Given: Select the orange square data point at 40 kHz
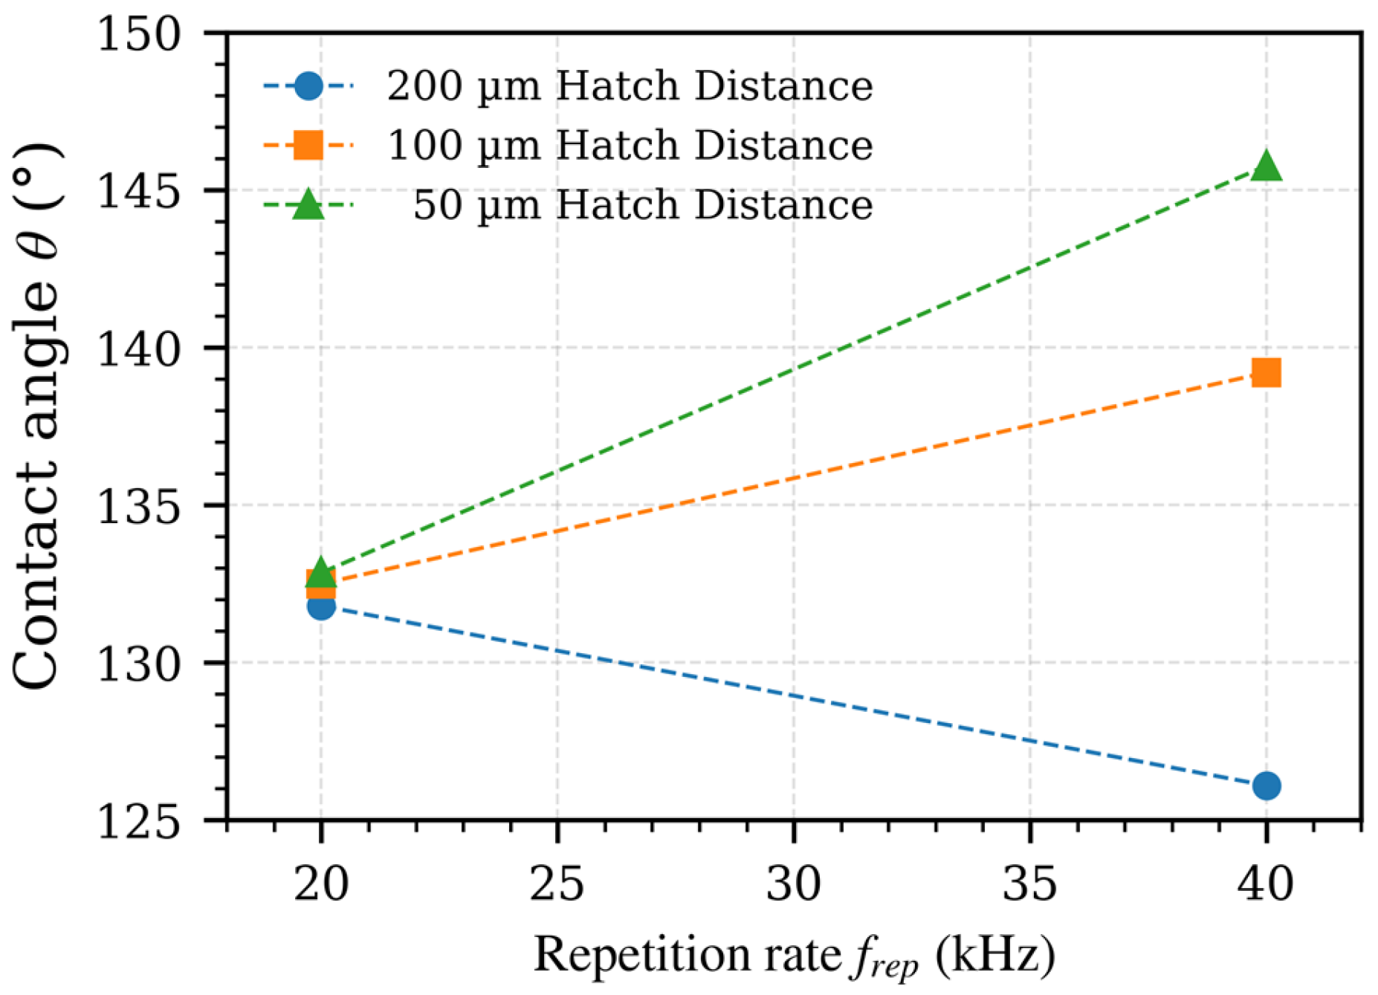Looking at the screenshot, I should (x=1266, y=373).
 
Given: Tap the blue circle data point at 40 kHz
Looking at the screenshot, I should (x=1266, y=785).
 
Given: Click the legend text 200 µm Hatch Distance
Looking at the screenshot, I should (x=630, y=86).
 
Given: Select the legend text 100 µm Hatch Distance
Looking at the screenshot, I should (x=630, y=145).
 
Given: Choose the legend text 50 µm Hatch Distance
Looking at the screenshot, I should (x=643, y=204).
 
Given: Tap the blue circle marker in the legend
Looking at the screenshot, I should (x=308, y=86).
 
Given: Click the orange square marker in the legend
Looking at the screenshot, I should (x=308, y=145).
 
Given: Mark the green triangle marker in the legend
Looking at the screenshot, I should (x=308, y=206).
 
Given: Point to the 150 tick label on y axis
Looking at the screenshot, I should (x=140, y=34).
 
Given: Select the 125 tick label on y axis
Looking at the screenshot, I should (x=140, y=822).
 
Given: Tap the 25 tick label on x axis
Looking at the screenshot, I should (x=557, y=885).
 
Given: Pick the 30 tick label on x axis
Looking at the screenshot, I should (x=793, y=885).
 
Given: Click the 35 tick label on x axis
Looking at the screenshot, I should (x=1029, y=885).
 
